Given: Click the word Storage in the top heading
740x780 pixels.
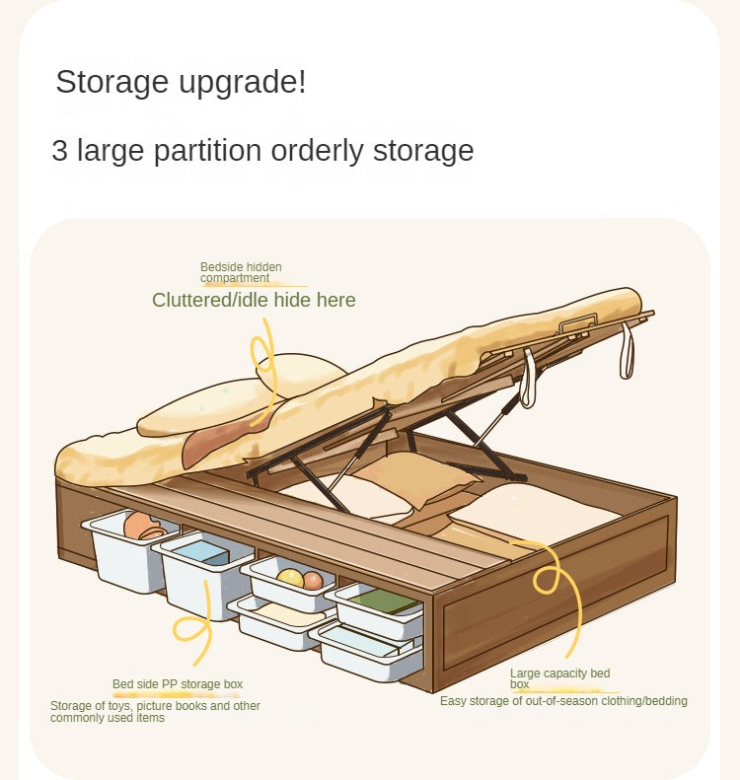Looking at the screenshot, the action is (x=111, y=82).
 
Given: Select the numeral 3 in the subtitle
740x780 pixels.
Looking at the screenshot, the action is (x=59, y=150).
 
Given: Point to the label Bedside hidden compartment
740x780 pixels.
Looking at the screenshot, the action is (x=241, y=272).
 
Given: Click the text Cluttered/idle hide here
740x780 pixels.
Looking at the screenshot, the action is (x=254, y=300).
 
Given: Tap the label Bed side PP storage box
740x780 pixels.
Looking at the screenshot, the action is (x=178, y=684).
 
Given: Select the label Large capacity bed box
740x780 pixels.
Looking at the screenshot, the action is (x=559, y=678).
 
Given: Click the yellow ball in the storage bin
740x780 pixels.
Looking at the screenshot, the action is (x=290, y=578).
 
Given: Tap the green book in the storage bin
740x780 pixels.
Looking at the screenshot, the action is (x=385, y=601).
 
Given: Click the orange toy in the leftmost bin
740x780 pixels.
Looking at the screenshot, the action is (x=141, y=527).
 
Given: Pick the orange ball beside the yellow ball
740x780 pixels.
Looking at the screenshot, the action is (x=313, y=581).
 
